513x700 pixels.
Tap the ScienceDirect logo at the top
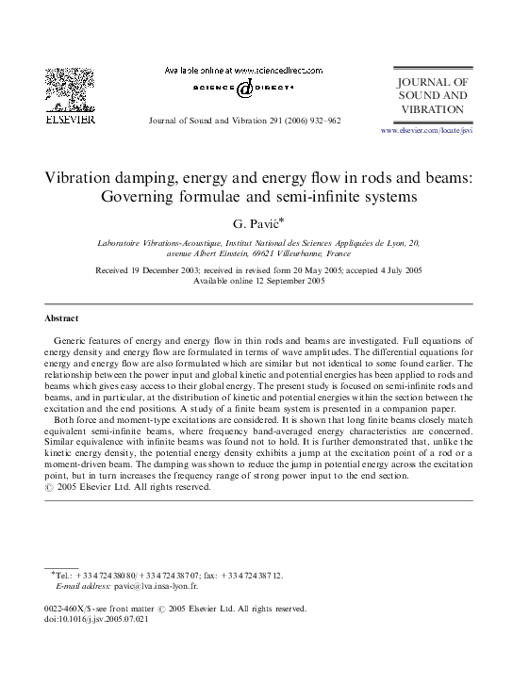(x=243, y=88)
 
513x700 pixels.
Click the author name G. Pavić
(x=256, y=223)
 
